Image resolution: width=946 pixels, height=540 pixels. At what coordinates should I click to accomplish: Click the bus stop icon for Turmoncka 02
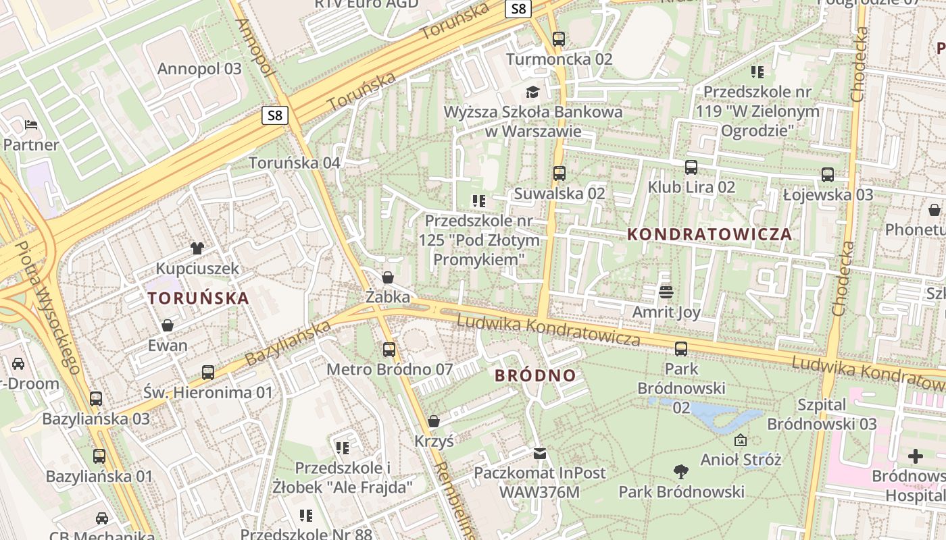click(x=558, y=39)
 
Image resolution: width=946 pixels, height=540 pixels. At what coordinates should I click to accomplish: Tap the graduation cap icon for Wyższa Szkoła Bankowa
click(x=533, y=92)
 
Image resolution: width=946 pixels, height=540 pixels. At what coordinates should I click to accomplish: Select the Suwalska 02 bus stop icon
click(x=559, y=173)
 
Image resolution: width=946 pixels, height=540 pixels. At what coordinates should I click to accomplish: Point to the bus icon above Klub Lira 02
click(x=691, y=167)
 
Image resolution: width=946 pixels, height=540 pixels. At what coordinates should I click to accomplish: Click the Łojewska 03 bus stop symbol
click(x=828, y=175)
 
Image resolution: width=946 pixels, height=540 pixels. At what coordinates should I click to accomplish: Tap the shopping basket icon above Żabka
click(x=388, y=277)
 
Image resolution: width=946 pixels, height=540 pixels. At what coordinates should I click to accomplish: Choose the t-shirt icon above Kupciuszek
click(x=197, y=248)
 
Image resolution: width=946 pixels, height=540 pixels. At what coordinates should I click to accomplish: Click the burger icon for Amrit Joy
click(x=666, y=292)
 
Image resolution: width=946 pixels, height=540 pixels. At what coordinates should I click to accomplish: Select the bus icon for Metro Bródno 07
click(x=389, y=350)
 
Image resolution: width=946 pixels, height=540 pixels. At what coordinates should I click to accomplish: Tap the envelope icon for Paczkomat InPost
click(x=539, y=453)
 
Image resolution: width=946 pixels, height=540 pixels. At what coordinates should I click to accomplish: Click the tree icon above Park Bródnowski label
click(x=681, y=472)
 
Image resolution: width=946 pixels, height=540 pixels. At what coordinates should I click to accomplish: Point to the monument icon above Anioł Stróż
click(x=741, y=440)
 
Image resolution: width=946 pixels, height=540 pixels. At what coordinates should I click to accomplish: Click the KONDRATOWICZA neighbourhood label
click(x=709, y=234)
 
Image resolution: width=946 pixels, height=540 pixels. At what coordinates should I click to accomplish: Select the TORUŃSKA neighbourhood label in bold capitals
click(x=198, y=298)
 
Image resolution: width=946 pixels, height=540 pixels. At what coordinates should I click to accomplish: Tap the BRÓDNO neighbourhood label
click(x=535, y=375)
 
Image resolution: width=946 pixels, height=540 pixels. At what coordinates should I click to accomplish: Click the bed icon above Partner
click(x=31, y=125)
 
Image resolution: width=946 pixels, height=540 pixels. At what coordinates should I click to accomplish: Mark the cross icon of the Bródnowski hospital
click(x=916, y=456)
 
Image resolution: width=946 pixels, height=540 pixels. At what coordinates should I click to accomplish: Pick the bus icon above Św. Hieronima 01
click(x=208, y=373)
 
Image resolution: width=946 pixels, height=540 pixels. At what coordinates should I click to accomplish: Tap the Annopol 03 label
click(x=199, y=68)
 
